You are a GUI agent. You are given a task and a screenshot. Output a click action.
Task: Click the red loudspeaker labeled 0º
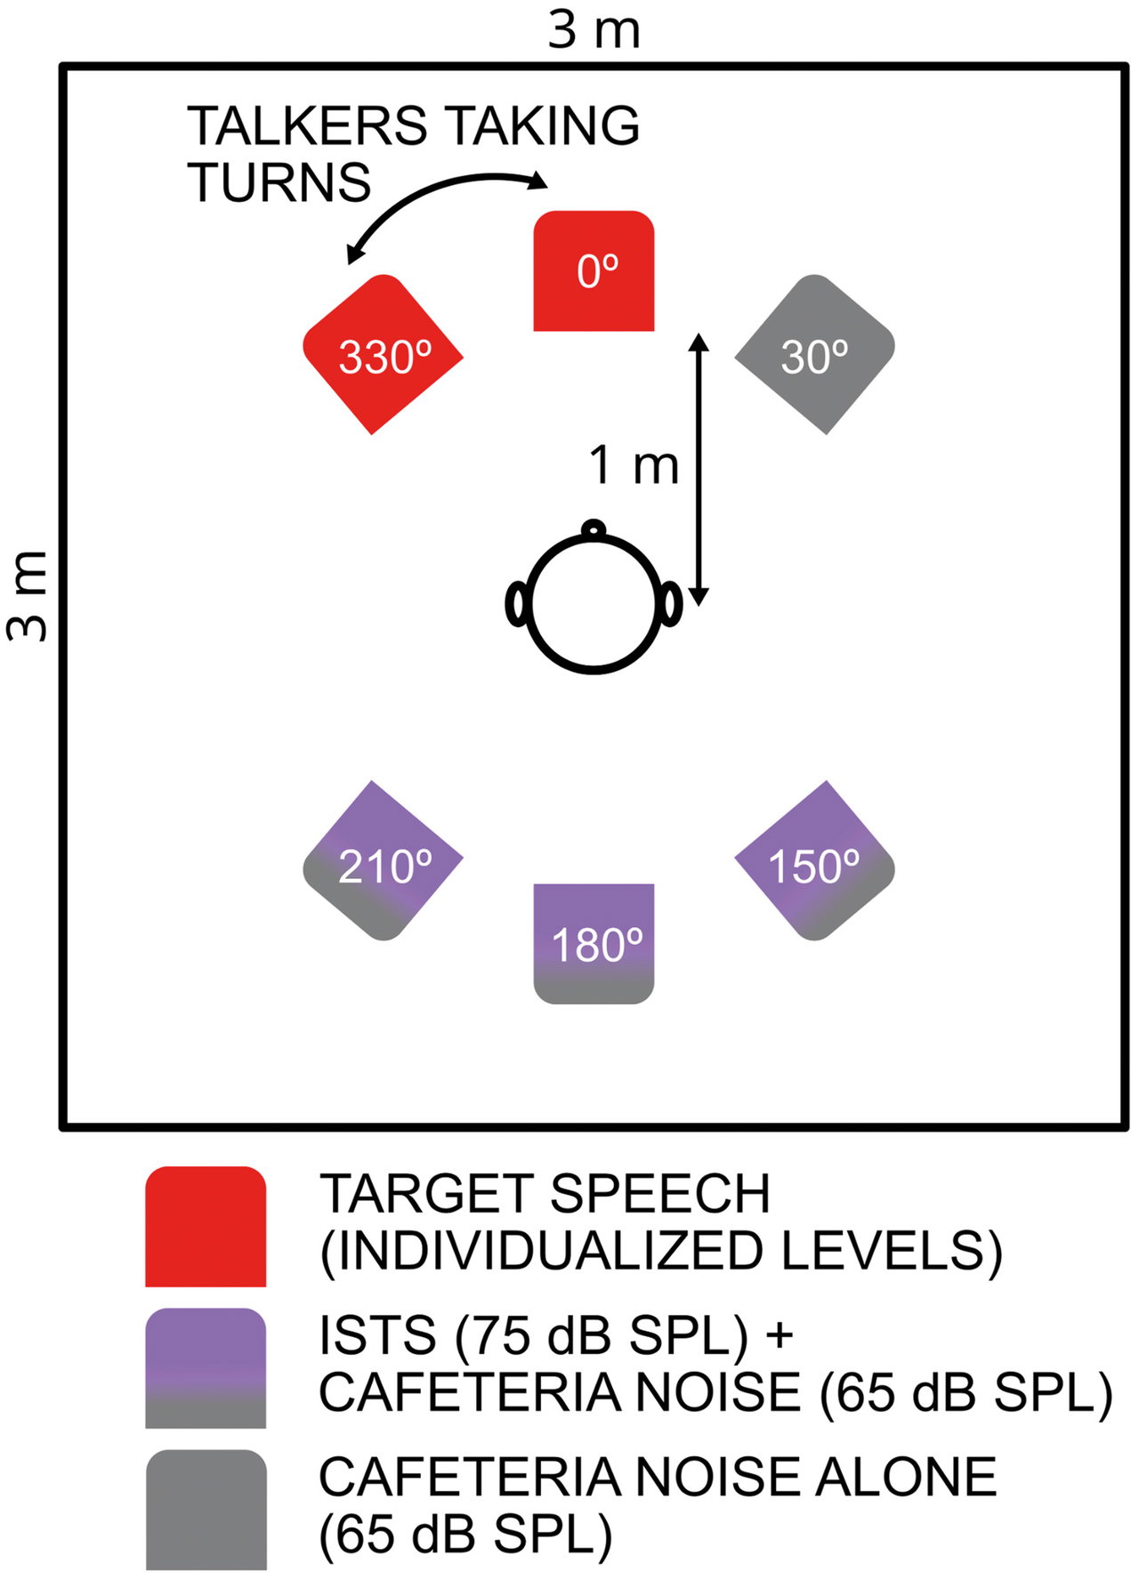click(594, 270)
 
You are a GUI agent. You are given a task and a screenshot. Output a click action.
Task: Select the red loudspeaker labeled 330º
click(383, 354)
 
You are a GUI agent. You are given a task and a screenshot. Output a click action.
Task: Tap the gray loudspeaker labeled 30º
click(814, 354)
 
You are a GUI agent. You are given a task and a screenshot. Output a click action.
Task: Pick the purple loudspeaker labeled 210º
click(383, 860)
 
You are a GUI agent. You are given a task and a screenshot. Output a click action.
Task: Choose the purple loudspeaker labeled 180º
click(594, 944)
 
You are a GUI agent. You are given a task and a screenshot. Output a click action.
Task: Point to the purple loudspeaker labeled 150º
click(814, 860)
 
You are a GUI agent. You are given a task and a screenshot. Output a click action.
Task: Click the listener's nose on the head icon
click(593, 529)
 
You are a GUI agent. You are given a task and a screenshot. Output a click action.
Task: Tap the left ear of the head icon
click(516, 604)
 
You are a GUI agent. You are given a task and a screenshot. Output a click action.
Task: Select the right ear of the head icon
click(671, 604)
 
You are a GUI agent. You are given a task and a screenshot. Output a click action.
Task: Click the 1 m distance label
click(634, 464)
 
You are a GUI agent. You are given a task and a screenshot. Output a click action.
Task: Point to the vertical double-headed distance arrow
click(699, 470)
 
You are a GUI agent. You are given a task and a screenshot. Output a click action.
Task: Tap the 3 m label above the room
click(594, 29)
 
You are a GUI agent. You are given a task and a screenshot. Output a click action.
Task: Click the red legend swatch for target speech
click(206, 1226)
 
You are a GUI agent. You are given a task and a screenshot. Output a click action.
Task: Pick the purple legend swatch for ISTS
click(206, 1368)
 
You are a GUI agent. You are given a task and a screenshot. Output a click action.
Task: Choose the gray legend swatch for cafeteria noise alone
click(206, 1510)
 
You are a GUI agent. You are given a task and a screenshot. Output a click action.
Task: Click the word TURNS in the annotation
click(279, 183)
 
